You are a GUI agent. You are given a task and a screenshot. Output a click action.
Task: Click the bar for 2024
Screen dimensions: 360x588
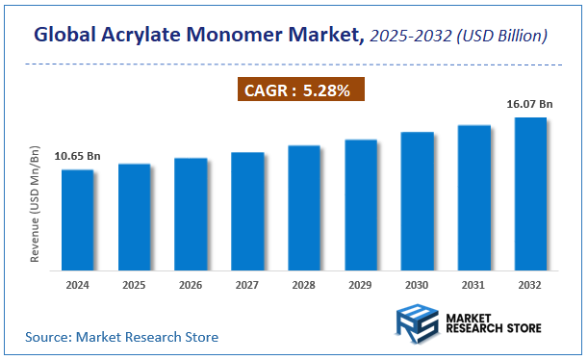78,220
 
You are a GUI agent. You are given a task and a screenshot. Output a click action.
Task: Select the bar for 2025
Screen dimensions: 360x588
134,218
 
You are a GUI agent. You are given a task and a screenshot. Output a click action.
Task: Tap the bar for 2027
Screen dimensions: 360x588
247,212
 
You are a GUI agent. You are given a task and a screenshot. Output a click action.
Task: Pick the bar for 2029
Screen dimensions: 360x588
361,205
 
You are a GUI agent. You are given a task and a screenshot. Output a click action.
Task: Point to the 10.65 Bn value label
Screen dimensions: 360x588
78,156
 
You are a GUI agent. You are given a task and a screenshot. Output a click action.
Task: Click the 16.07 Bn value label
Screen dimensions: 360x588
530,103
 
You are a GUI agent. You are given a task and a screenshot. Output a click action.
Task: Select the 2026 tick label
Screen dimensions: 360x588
191,286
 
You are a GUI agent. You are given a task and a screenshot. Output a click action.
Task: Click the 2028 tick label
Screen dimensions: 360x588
304,286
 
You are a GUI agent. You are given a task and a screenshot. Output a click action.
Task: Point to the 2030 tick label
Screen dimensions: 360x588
418,286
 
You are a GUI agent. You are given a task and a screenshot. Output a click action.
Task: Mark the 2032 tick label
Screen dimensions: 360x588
530,286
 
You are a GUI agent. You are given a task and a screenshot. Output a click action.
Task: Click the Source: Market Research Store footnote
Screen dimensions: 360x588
122,337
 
